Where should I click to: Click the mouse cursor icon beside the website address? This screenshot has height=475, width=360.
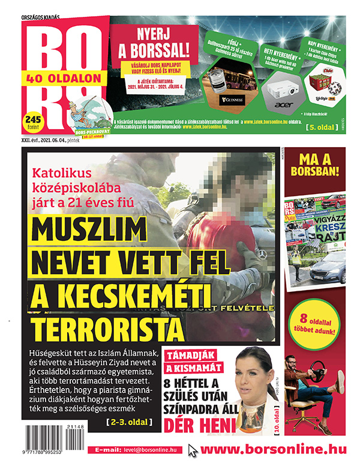coord(193,450)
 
